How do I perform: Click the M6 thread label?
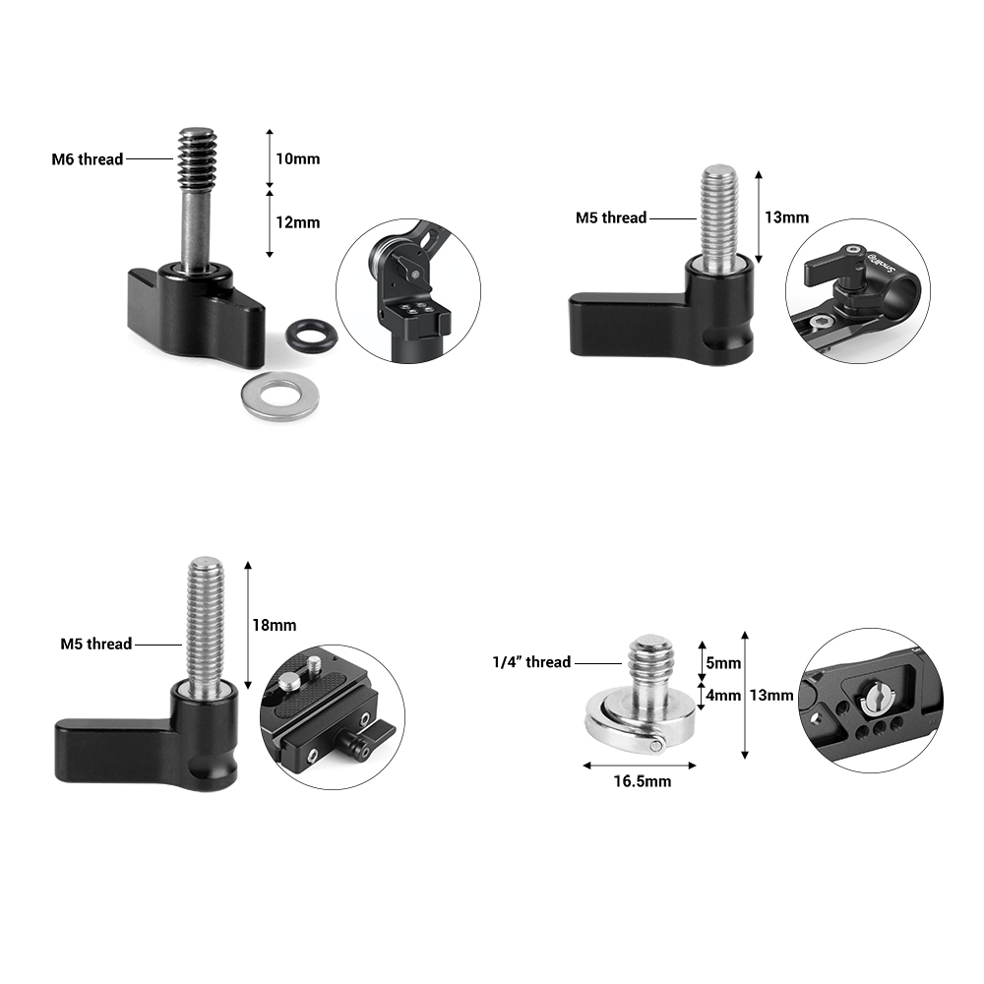[x=88, y=158]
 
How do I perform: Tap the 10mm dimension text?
[x=297, y=158]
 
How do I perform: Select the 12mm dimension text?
[x=297, y=222]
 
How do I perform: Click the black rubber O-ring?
[x=311, y=335]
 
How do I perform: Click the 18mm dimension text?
[x=274, y=624]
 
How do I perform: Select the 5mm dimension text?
[x=723, y=663]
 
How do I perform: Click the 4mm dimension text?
[x=723, y=695]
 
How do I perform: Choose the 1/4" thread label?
[x=531, y=662]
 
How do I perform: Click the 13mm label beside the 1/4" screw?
[x=770, y=695]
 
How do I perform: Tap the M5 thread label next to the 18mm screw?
[x=95, y=644]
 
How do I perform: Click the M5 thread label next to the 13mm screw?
[x=611, y=217]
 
